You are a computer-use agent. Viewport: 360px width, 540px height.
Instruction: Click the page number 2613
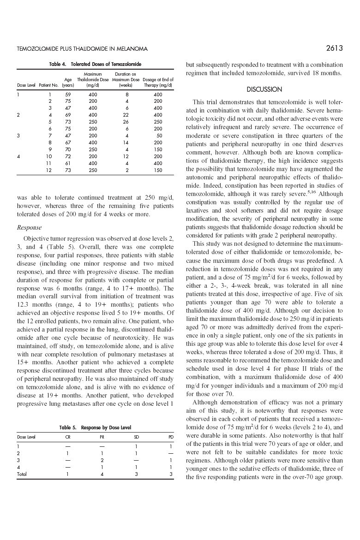[x=334, y=48]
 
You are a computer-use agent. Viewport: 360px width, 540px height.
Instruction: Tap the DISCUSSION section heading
[x=264, y=89]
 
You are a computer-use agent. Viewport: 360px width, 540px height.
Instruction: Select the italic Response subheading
[x=30, y=227]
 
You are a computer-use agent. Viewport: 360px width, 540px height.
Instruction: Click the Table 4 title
[x=95, y=64]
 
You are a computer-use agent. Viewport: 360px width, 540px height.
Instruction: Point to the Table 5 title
[x=95, y=428]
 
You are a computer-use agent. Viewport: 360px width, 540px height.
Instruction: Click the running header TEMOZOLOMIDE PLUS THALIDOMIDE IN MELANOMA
[x=82, y=49]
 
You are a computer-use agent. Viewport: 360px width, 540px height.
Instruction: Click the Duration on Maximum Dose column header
[x=126, y=80]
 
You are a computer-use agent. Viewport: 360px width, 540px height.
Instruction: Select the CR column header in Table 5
[x=68, y=437]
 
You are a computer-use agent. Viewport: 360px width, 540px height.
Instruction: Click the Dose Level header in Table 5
[x=26, y=437]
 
